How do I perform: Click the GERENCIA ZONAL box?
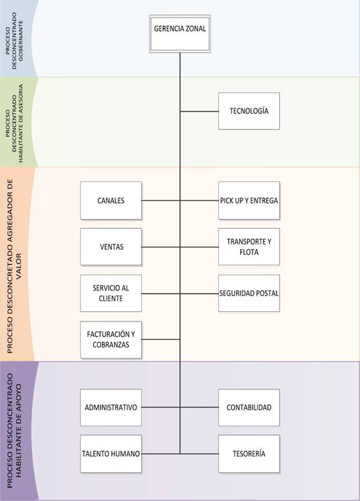point(180,34)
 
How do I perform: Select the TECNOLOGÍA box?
point(249,111)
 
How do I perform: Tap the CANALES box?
point(111,201)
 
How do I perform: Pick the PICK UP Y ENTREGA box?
point(249,201)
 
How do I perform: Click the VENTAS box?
point(111,247)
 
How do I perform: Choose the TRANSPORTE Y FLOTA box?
point(249,247)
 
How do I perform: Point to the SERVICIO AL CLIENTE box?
point(111,294)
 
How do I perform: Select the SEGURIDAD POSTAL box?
point(249,294)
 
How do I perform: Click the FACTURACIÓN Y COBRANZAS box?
point(111,340)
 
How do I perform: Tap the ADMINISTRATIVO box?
point(111,408)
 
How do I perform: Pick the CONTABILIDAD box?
point(249,408)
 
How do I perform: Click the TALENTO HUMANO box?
point(111,454)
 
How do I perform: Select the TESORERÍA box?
point(249,454)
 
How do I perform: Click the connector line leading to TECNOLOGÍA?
point(199,111)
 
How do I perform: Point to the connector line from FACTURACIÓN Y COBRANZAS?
point(161,340)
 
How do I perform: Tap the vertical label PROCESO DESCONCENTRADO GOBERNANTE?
point(15,40)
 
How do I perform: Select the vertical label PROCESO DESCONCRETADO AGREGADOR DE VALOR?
point(14,266)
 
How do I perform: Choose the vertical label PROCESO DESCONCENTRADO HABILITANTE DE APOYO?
point(14,430)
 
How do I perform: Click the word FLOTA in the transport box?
point(249,252)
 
